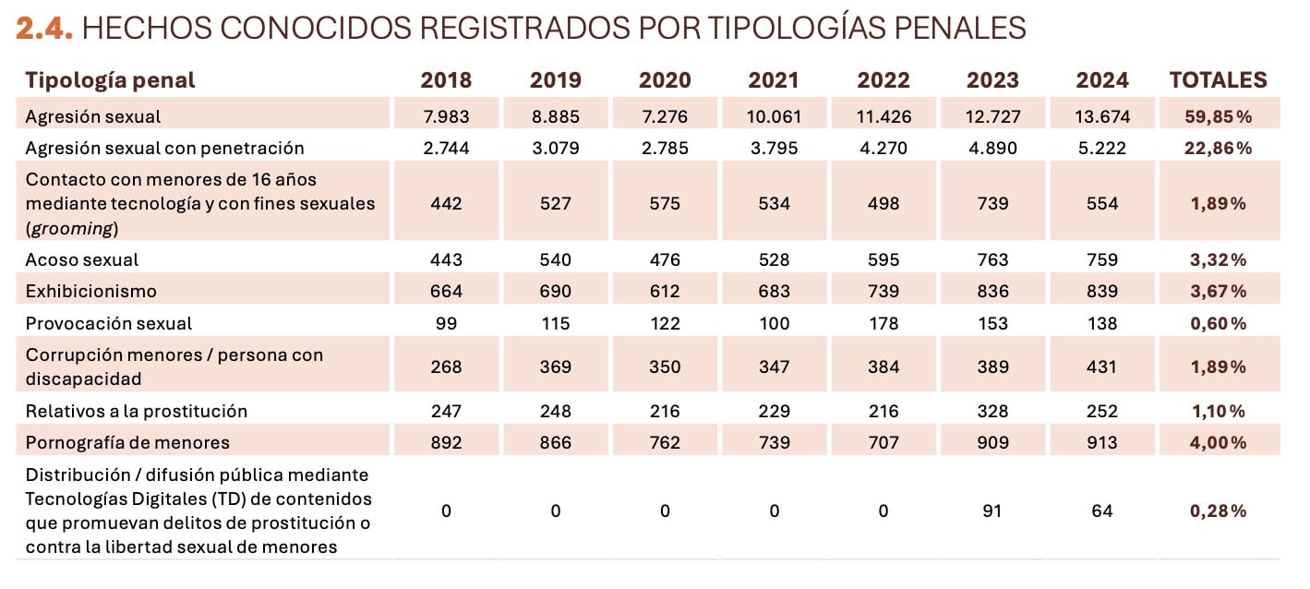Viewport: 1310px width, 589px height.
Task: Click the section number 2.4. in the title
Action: click(44, 29)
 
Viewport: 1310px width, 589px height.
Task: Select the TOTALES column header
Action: click(1218, 80)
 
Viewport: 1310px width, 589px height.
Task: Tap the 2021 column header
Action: click(774, 80)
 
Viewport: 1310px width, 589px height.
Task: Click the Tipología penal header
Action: click(110, 80)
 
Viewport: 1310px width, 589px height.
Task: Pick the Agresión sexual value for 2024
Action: click(1102, 117)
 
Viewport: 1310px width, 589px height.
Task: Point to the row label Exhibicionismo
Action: click(91, 292)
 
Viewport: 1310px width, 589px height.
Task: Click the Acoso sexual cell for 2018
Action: click(446, 260)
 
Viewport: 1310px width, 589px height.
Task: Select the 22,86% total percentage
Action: click(1218, 149)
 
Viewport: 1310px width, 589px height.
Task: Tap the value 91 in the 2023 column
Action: click(992, 511)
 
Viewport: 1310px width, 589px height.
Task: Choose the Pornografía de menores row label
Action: click(127, 443)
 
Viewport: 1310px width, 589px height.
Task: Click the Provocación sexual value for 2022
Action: click(883, 324)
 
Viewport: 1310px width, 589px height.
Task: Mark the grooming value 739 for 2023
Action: click(992, 204)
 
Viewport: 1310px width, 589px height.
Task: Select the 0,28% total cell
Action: click(1218, 511)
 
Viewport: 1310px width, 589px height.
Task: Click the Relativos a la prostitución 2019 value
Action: click(555, 412)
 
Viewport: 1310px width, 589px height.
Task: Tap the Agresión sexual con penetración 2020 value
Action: click(665, 149)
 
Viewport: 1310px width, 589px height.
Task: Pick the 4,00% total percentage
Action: click(1218, 443)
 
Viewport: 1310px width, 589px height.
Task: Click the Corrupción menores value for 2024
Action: click(1102, 367)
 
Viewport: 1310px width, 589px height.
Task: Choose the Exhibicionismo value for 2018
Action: click(446, 292)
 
